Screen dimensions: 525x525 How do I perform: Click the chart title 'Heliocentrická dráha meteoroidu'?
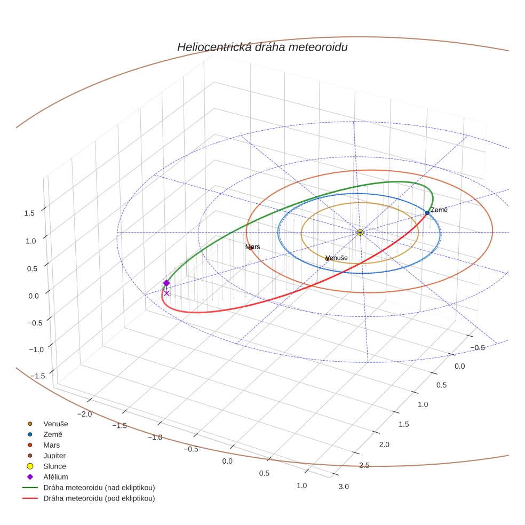262,47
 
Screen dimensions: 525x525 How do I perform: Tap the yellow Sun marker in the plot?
360,233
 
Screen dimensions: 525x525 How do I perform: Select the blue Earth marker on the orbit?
427,213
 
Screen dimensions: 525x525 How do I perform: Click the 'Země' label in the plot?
439,210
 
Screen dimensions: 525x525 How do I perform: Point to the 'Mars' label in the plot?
252,247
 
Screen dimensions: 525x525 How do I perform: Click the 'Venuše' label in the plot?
337,258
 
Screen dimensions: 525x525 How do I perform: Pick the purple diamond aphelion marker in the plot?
166,283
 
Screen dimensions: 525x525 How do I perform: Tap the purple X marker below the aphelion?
166,293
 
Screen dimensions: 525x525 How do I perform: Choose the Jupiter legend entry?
54,456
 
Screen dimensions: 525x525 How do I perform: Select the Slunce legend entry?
54,466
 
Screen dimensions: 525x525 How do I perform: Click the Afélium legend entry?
55,477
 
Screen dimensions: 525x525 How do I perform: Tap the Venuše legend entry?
55,424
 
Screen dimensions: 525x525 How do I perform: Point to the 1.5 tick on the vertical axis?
29,213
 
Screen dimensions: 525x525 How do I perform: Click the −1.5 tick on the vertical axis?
37,376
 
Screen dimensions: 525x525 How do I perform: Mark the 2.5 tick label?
364,466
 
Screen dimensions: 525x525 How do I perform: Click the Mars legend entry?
51,445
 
